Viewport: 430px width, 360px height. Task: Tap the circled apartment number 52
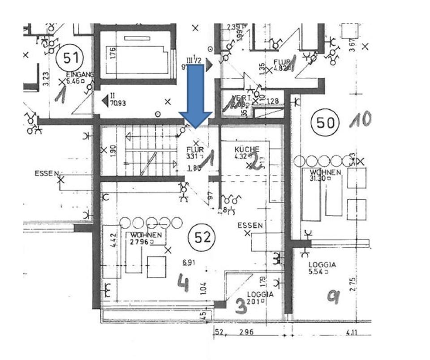pos(202,237)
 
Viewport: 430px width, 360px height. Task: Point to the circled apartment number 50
pos(326,122)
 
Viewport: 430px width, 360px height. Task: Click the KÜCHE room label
pos(246,149)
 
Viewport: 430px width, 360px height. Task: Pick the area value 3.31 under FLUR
pos(192,157)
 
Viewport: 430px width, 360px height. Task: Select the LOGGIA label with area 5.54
pos(322,265)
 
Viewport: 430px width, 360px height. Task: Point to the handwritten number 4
pos(182,282)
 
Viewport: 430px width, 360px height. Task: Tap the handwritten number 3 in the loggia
pos(241,306)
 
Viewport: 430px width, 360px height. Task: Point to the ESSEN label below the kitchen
pos(250,226)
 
